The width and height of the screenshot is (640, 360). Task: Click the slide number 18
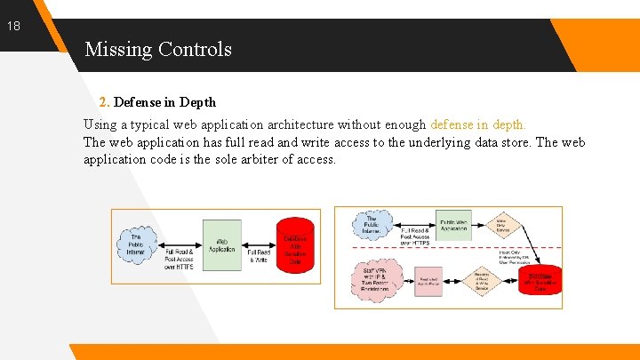(14, 27)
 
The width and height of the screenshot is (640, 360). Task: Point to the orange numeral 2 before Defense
(103, 102)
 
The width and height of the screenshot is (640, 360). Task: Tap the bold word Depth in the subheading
(198, 102)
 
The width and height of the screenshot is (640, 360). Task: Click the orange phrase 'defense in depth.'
(478, 124)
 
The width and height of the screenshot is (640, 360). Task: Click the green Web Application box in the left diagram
(222, 245)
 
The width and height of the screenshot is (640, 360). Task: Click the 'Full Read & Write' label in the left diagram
(259, 255)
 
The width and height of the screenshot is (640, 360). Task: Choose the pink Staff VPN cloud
(374, 282)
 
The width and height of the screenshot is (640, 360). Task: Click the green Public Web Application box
(454, 225)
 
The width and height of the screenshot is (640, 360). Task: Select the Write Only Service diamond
(502, 228)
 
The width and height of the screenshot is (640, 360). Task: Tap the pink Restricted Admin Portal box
(429, 282)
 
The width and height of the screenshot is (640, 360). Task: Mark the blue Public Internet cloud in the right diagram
(372, 224)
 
